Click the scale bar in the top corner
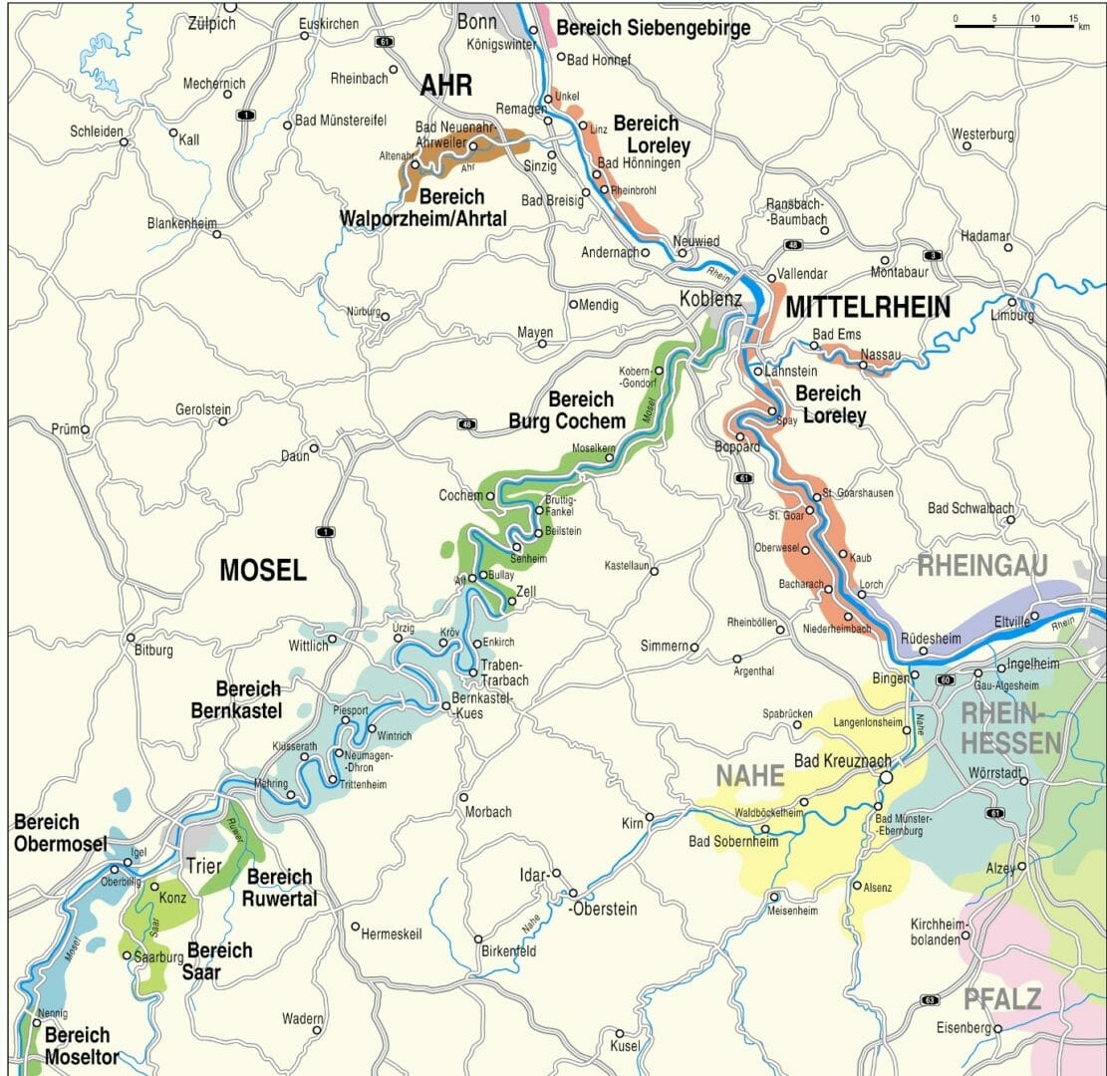[1014, 22]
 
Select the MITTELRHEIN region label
[867, 308]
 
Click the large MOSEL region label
[262, 570]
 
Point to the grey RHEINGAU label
[982, 566]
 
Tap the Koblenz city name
[710, 298]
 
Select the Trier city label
[203, 865]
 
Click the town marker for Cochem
[489, 495]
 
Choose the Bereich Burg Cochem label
[567, 409]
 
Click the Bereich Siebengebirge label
[653, 28]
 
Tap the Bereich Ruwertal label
[280, 887]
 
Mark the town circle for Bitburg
[130, 638]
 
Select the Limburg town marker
[1011, 302]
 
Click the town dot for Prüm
[86, 430]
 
